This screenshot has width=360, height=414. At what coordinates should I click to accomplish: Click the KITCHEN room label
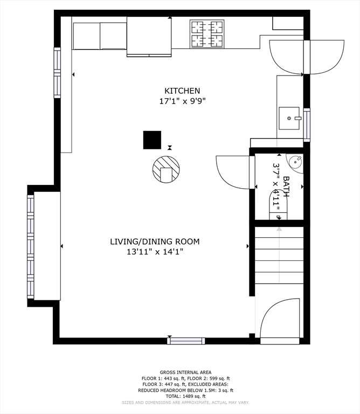point(182,91)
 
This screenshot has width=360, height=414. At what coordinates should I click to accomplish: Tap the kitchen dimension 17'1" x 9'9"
point(182,101)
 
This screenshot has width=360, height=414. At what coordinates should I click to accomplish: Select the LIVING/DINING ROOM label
point(155,241)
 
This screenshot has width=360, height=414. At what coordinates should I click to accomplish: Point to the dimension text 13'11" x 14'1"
point(155,252)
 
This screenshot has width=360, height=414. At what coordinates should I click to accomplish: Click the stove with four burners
point(207,34)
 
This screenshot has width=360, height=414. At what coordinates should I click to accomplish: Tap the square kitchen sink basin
point(289,118)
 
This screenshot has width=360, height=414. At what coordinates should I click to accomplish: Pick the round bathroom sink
point(295,161)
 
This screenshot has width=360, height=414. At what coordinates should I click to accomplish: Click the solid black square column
point(152,140)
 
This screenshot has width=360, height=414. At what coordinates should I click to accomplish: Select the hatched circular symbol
point(166,169)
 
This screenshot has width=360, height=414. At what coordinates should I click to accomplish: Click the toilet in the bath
point(278,205)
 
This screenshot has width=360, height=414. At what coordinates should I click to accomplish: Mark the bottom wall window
point(186,341)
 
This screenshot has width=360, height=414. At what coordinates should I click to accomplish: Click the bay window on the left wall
point(31,246)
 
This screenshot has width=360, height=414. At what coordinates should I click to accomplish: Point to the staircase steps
point(279,255)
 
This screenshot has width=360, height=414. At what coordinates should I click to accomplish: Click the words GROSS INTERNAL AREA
point(185,372)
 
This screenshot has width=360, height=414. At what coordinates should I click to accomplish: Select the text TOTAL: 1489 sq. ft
point(185,396)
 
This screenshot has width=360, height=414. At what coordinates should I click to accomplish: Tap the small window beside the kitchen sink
point(307,125)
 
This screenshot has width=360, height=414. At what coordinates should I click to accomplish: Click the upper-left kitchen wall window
point(57,73)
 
